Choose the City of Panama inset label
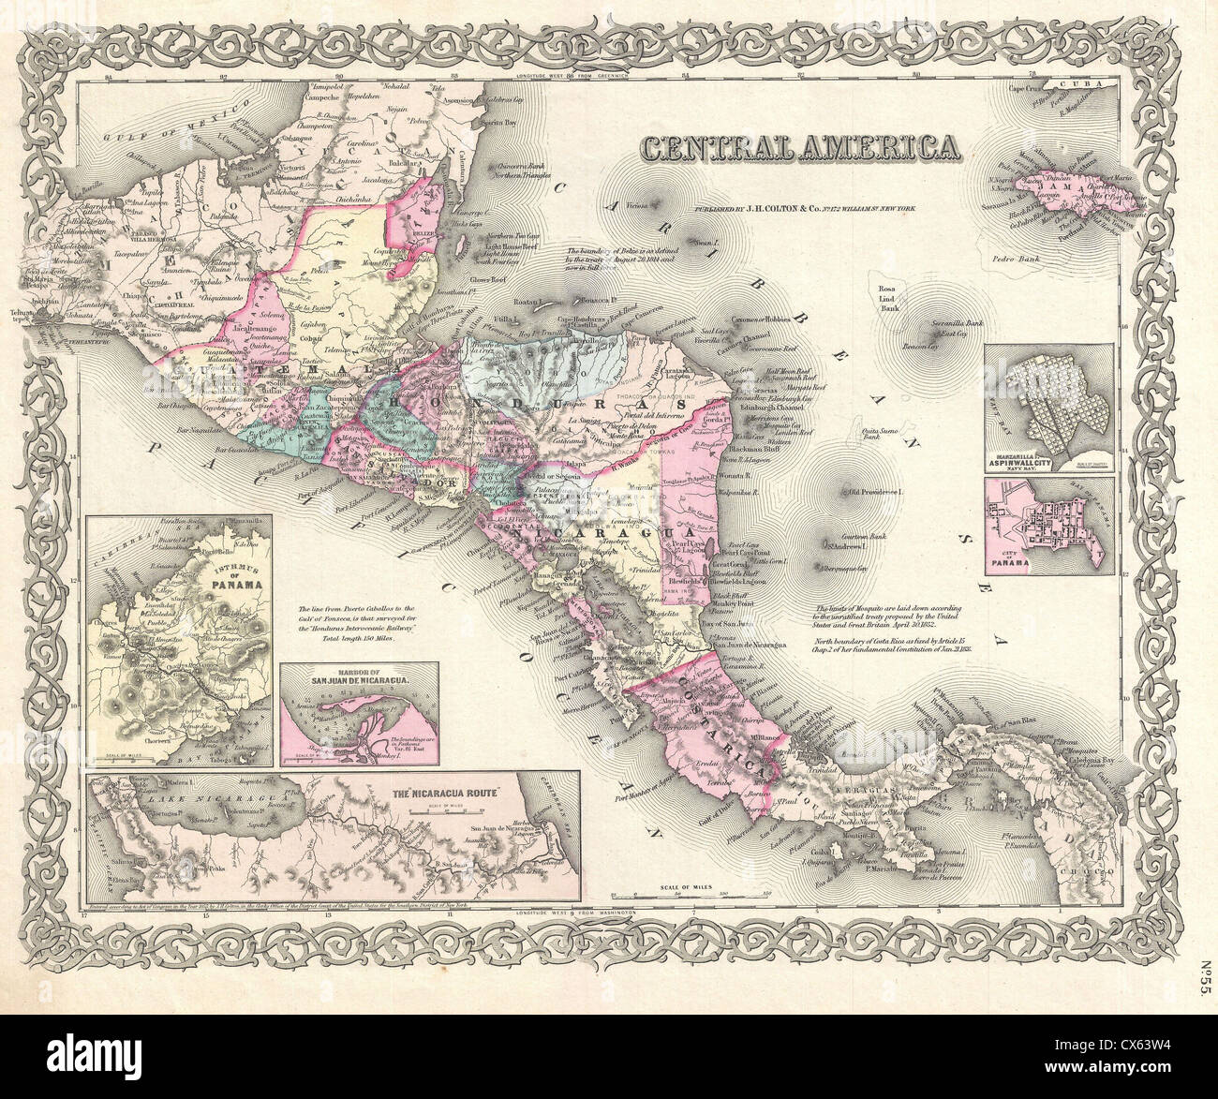[1006, 558]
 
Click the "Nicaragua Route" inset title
[453, 792]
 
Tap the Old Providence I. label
[875, 491]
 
